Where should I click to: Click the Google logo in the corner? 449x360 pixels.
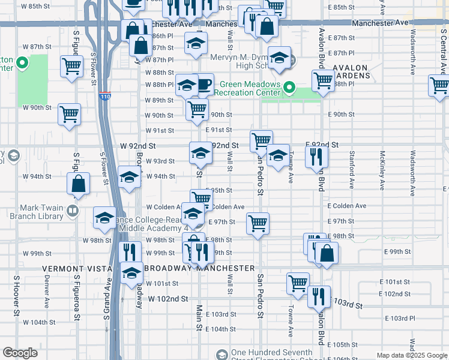[x=20, y=352]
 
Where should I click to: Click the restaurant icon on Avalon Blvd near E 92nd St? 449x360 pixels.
[x=316, y=157]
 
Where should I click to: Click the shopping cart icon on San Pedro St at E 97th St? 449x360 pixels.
[x=258, y=223]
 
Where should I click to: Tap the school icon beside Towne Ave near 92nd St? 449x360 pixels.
[x=278, y=155]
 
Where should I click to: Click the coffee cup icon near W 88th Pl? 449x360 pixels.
[x=204, y=83]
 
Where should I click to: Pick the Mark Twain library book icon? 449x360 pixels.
[x=72, y=210]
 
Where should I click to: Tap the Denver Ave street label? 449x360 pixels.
[x=46, y=288]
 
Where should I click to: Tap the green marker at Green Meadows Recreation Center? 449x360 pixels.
[x=288, y=88]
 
